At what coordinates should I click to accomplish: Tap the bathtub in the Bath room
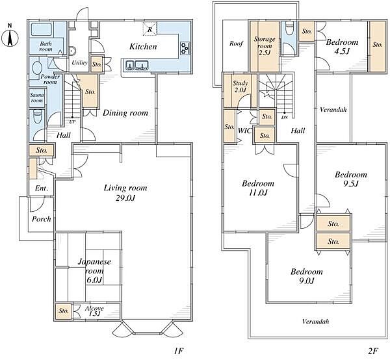[42, 30]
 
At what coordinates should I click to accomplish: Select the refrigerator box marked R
[149, 29]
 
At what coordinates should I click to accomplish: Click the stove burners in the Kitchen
[185, 48]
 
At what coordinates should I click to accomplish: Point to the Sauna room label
[37, 97]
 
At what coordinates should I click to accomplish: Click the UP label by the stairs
[72, 122]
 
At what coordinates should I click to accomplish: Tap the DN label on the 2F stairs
[284, 118]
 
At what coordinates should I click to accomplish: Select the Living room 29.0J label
[125, 193]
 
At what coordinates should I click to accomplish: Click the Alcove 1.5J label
[94, 311]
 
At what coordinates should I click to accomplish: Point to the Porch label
[42, 219]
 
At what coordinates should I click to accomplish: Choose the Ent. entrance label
[42, 188]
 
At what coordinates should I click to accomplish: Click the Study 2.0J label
[240, 86]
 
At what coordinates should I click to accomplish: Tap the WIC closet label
[245, 131]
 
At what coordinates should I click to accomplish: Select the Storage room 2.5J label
[265, 46]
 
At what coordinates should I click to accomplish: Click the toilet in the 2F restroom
[289, 28]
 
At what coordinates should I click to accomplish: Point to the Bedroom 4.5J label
[342, 47]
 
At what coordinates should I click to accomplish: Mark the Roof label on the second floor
[236, 44]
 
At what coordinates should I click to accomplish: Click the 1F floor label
[178, 351]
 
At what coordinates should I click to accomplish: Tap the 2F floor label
[373, 351]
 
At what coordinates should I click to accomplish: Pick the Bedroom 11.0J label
[258, 188]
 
